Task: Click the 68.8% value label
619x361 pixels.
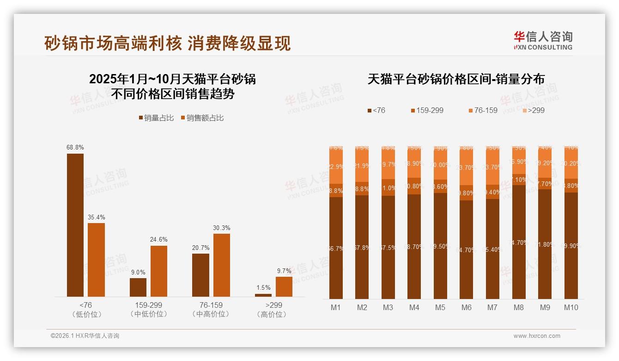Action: [75, 147]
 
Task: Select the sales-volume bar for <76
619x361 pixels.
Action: [75, 225]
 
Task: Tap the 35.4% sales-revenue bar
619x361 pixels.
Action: [97, 260]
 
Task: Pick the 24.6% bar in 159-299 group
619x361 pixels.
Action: [159, 271]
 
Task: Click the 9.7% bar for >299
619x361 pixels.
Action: [284, 286]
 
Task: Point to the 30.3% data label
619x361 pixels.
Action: [222, 228]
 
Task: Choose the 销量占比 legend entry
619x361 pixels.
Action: [156, 118]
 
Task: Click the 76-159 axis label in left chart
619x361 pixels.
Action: [211, 305]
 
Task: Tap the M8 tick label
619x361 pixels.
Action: [519, 307]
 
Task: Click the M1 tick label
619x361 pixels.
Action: [336, 307]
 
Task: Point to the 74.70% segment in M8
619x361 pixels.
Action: [519, 242]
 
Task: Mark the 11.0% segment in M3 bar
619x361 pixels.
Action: [388, 187]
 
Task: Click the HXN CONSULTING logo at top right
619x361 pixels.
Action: [543, 40]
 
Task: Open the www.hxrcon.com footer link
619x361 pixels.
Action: [537, 336]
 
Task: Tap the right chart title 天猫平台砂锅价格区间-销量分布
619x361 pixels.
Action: [456, 79]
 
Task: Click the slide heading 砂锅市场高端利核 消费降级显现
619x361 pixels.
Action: [167, 43]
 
